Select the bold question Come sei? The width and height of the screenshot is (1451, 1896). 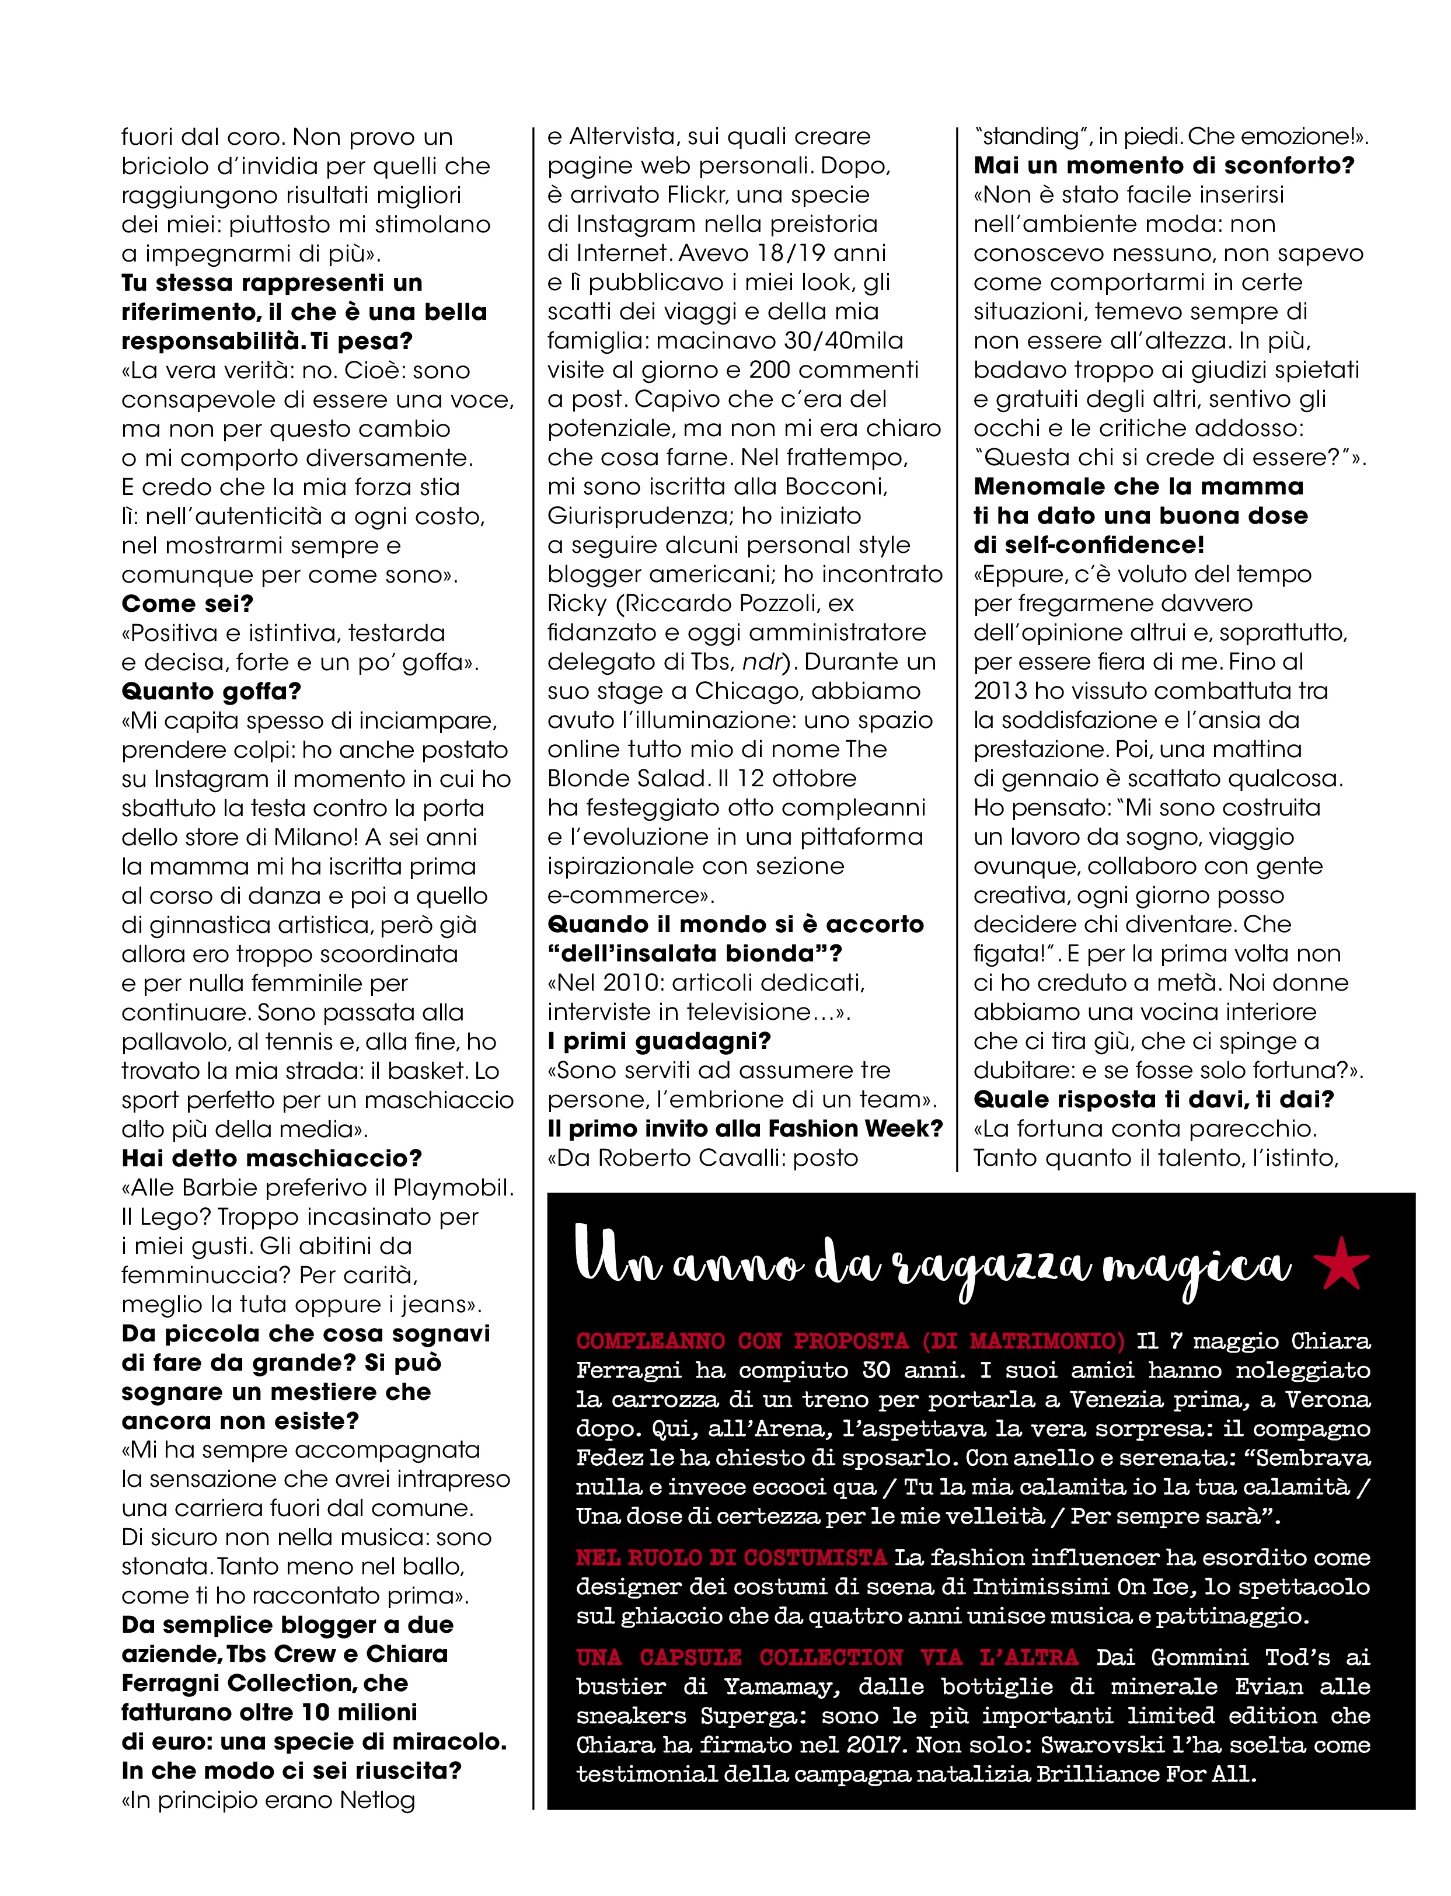(187, 604)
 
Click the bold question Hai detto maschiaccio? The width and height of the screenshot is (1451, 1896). (271, 1158)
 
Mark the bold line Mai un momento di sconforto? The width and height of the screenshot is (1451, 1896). (1163, 166)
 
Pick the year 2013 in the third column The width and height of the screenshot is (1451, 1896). (1000, 691)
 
